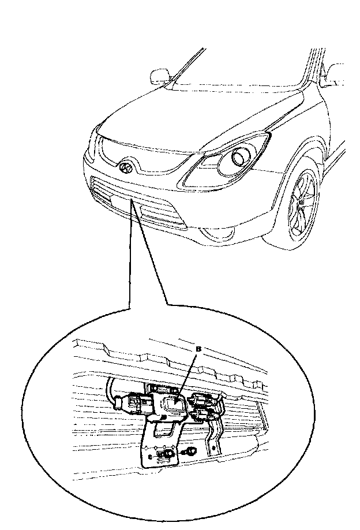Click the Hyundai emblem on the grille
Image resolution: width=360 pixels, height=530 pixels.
pos(126,167)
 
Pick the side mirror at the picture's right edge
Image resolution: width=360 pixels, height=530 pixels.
pos(335,75)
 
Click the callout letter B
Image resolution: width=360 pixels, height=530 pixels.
pos(198,349)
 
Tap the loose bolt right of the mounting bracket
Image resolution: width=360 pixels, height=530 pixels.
pos(189,451)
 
